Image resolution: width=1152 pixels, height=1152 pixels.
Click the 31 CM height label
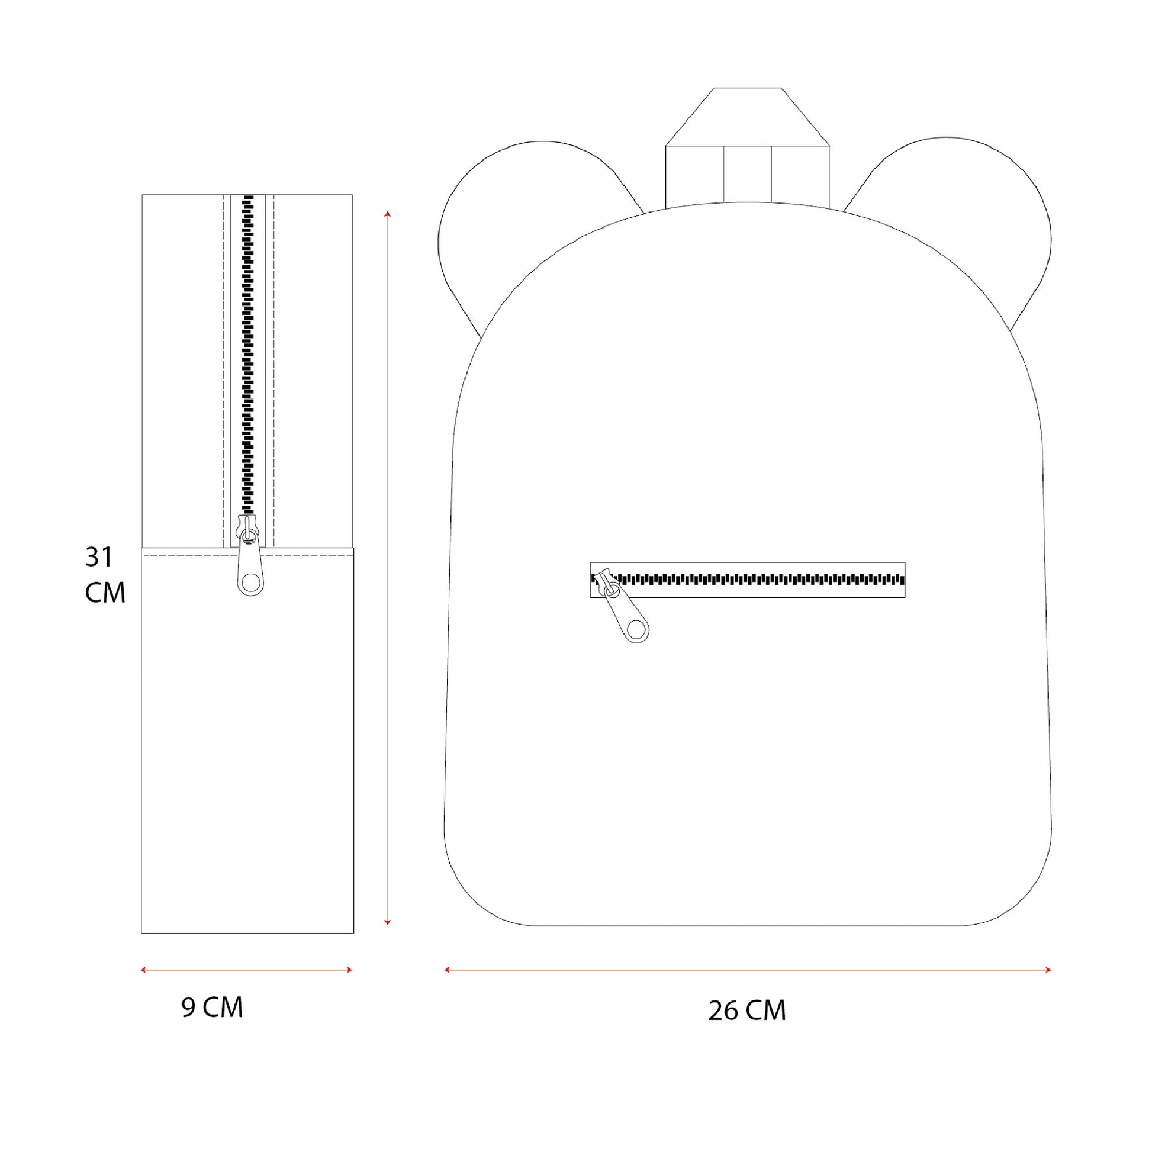pyautogui.click(x=105, y=575)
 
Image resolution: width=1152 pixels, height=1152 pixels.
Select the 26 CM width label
pyautogui.click(x=747, y=1010)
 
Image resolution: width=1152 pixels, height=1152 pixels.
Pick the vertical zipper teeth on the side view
pyautogui.click(x=247, y=355)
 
